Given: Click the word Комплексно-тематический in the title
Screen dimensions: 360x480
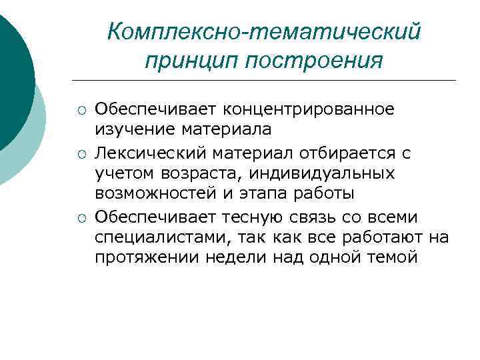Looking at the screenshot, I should (264, 32).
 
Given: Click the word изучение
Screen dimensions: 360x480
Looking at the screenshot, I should (130, 128).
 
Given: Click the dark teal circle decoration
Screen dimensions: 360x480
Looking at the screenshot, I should (12, 73).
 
